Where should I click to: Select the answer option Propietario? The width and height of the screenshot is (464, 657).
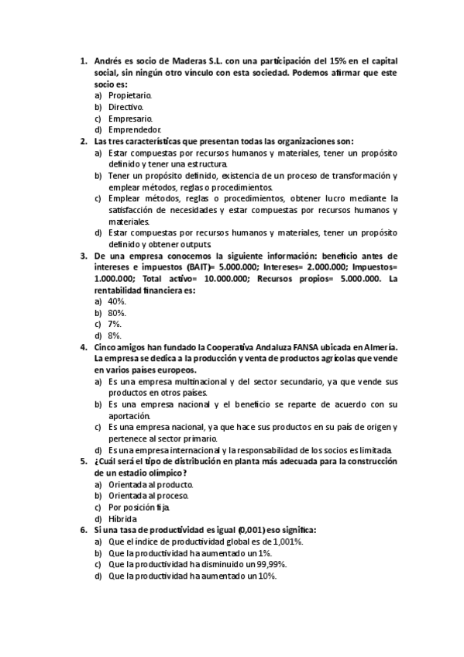click(130, 95)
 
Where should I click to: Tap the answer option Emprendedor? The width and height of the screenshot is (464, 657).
click(135, 129)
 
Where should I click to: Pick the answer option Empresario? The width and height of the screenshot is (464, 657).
click(129, 118)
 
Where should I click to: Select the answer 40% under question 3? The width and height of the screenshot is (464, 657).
click(117, 301)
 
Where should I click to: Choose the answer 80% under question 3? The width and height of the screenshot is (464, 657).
click(117, 312)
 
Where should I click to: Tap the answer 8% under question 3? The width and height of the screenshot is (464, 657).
click(115, 335)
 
